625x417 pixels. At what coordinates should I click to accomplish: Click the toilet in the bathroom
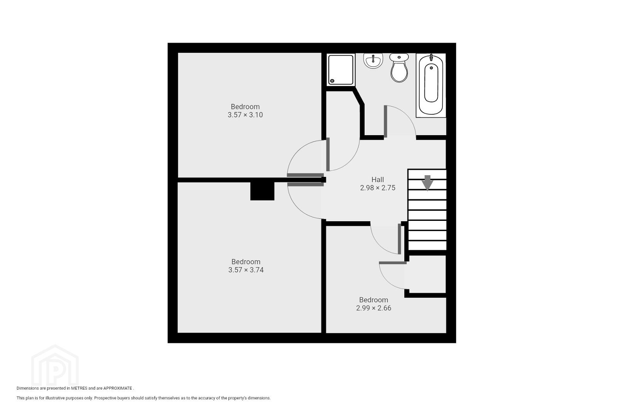click(399, 68)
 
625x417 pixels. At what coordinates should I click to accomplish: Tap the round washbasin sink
click(373, 61)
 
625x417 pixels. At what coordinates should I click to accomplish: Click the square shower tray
click(341, 70)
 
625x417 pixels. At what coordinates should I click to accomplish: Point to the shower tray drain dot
click(332, 81)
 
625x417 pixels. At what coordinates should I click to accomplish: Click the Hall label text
click(378, 180)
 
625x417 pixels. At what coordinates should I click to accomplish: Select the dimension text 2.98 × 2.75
click(378, 188)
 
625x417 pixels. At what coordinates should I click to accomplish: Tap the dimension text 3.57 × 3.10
click(245, 115)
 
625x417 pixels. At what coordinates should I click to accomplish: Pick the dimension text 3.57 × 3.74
click(246, 270)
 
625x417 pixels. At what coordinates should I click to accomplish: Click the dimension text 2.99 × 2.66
click(373, 308)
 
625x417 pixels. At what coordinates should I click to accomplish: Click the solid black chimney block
click(262, 191)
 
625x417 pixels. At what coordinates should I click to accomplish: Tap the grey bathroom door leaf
click(385, 122)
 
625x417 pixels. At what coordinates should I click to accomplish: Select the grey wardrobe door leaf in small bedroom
click(393, 263)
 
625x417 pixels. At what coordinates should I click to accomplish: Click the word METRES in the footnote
click(79, 388)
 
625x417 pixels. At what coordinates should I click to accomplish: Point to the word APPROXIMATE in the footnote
click(118, 388)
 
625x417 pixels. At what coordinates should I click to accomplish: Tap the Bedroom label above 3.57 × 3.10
click(245, 107)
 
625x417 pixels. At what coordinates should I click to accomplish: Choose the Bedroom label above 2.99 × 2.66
click(373, 300)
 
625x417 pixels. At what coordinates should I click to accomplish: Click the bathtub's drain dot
click(431, 68)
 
